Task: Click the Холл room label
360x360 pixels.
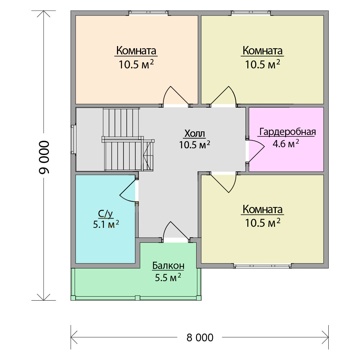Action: coord(195,133)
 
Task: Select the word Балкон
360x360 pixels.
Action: coord(168,266)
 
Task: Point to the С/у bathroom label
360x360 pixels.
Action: coord(105,214)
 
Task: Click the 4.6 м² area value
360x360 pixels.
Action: coord(286,144)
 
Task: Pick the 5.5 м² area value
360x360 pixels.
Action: coord(168,277)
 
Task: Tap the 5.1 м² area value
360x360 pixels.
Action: coord(106,224)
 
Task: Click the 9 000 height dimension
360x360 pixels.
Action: coord(44,157)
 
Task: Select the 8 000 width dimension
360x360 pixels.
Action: coord(200,338)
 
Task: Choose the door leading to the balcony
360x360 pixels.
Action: coord(176,232)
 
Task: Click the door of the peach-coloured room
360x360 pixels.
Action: coord(176,96)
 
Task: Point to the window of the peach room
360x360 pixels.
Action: coord(148,13)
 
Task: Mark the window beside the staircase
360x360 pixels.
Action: coord(73,139)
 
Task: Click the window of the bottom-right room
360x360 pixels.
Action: coord(262,266)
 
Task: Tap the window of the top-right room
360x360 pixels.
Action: coord(251,13)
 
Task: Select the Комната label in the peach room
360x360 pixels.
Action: coord(136,50)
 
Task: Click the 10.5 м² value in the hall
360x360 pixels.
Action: coord(194,145)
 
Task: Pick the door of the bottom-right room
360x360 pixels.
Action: coord(224,182)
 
